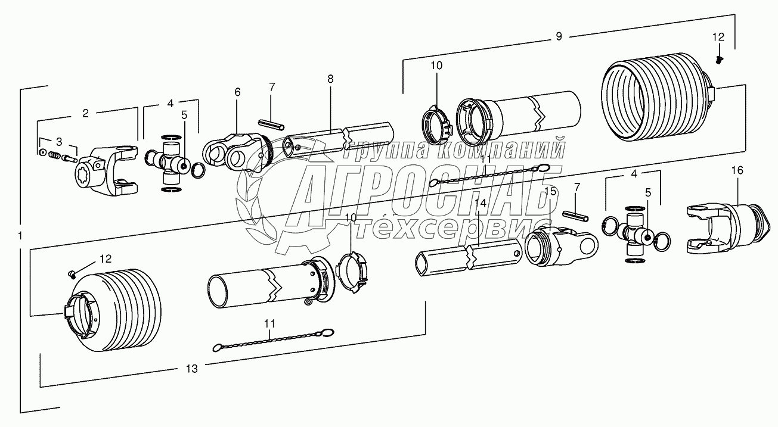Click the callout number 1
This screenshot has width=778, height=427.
coord(20,236)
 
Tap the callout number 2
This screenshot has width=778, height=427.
coord(85,113)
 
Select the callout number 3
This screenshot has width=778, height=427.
coord(59,142)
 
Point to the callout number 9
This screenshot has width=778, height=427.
coord(559,36)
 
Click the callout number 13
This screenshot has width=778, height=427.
coord(192,369)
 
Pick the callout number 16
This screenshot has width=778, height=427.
coord(737,170)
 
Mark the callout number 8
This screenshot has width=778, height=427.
coord(330,79)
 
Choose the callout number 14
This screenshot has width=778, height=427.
coord(481,203)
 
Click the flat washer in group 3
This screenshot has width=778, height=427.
coord(43,152)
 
